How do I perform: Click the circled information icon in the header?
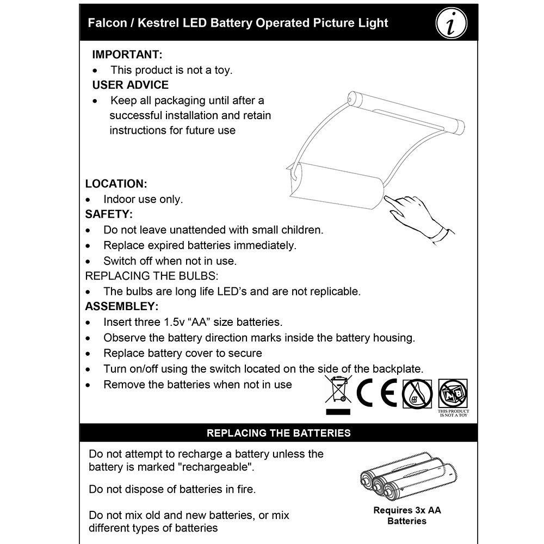pos(452,23)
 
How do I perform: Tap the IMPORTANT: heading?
pos(127,54)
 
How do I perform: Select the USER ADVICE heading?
pos(131,85)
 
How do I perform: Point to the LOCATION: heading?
pos(116,184)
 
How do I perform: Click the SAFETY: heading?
pos(109,214)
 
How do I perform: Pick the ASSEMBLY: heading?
pos(122,306)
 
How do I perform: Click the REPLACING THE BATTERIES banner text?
pos(279,433)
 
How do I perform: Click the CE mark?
pos(377,392)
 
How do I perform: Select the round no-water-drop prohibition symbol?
pos(417,393)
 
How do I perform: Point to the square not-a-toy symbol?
pos(453,393)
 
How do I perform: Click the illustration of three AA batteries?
pos(405,477)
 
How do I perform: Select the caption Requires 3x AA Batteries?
pos(406,516)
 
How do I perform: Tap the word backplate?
pos(398,369)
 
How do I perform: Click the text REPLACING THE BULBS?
pos(152,276)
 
